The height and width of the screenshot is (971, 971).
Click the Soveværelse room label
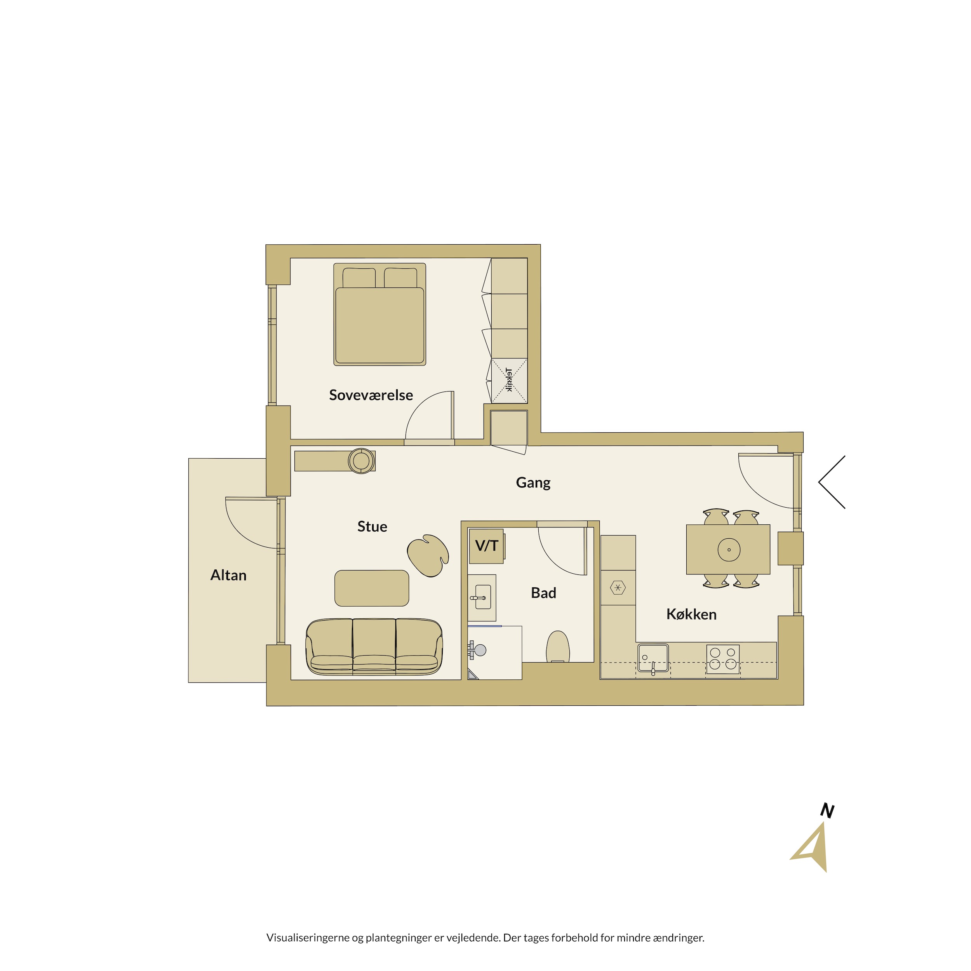371,395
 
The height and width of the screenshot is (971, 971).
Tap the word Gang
533,482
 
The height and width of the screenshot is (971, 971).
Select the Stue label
372,526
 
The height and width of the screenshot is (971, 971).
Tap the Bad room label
543,593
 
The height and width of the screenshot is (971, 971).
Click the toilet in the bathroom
557,647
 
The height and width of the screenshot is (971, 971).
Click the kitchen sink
653,658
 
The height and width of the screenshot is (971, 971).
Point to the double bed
379,314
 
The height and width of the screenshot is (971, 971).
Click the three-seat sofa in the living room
374,646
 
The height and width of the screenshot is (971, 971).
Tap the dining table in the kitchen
728,549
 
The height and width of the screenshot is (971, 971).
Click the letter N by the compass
827,810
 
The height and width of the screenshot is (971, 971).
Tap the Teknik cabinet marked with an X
509,381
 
